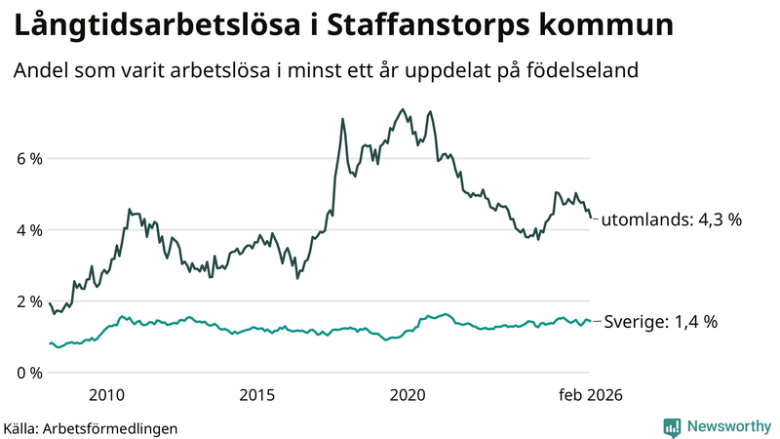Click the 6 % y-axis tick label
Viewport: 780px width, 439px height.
click(x=28, y=159)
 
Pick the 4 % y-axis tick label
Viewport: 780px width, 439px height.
click(x=28, y=230)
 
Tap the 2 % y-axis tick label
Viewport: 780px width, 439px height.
click(x=28, y=301)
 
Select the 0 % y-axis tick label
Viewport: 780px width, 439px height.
click(x=28, y=373)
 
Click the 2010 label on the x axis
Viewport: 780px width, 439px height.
click(x=106, y=394)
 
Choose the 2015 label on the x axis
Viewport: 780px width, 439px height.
click(x=257, y=394)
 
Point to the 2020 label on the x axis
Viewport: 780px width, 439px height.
click(x=408, y=394)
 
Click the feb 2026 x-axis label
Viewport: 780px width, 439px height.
click(x=589, y=394)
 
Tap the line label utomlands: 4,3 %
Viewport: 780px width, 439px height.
click(x=671, y=220)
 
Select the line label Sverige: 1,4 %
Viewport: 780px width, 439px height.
click(x=661, y=322)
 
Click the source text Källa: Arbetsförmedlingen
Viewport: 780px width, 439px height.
click(x=91, y=427)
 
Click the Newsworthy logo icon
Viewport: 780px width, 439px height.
click(x=672, y=426)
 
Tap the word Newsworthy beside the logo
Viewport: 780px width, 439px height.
click(x=727, y=426)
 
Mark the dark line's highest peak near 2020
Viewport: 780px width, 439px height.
click(x=403, y=109)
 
